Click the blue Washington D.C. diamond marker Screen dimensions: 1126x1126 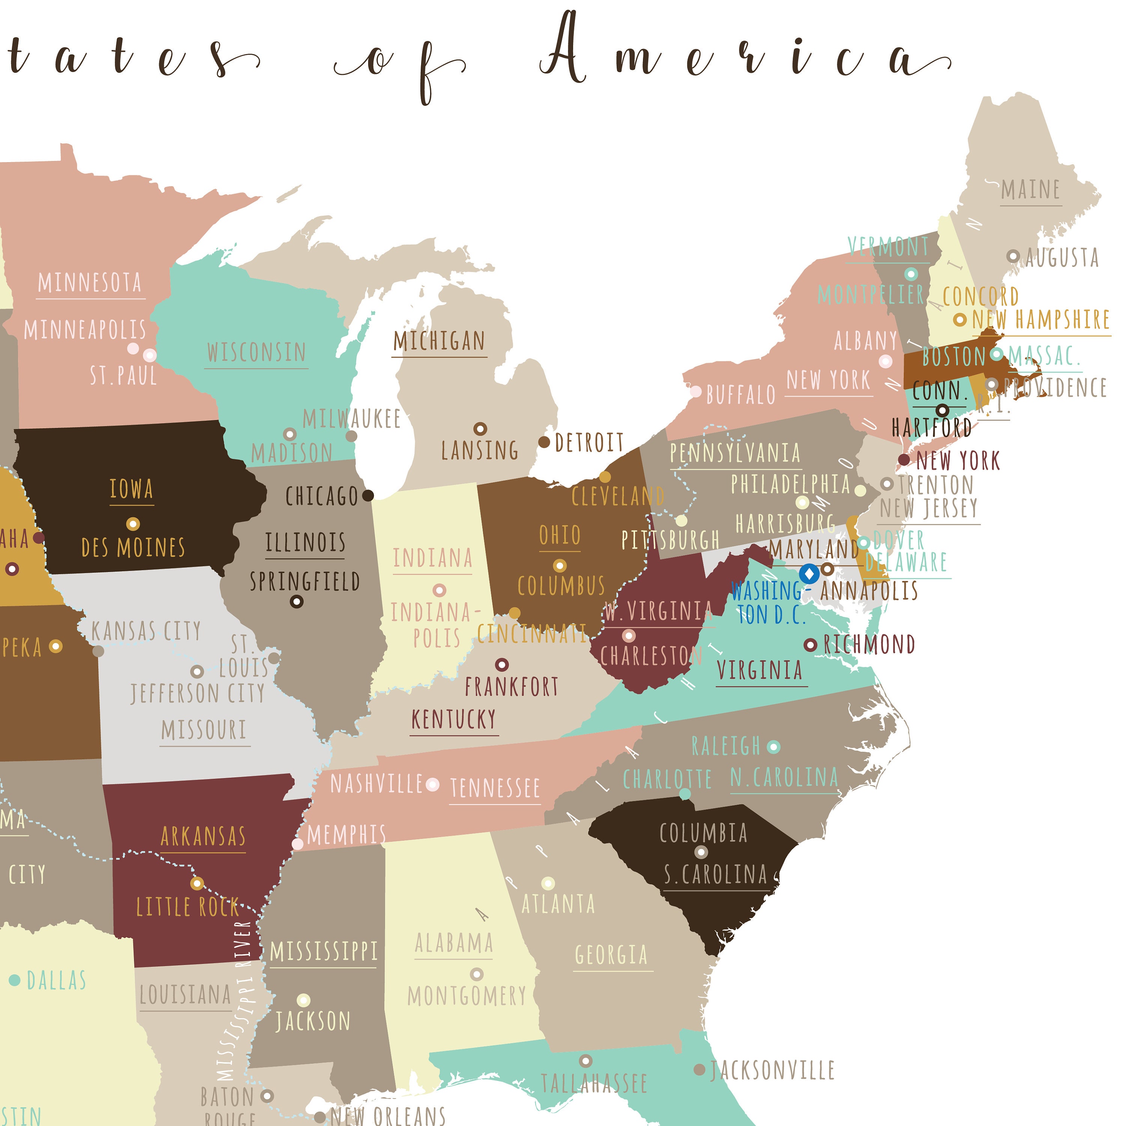[809, 574]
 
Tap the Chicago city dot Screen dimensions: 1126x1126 [368, 495]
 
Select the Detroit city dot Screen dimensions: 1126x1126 [544, 443]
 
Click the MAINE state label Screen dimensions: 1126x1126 [1030, 190]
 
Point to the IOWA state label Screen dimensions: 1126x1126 [132, 489]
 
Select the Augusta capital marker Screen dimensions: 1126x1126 [1013, 256]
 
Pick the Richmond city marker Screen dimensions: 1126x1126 [810, 644]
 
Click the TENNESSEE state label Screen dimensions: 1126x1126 [495, 788]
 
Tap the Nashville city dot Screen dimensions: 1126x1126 [432, 784]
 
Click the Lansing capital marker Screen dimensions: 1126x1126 [480, 429]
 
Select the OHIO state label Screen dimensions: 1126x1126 [560, 535]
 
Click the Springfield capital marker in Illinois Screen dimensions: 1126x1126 [297, 601]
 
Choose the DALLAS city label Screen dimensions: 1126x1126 [57, 980]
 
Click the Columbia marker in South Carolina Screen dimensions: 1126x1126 [701, 852]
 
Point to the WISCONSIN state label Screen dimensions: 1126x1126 [256, 352]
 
